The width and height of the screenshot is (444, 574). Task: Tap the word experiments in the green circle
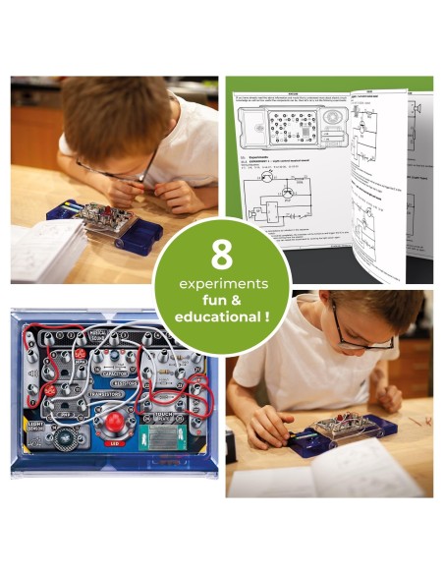222,284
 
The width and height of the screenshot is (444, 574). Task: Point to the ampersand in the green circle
237,301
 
